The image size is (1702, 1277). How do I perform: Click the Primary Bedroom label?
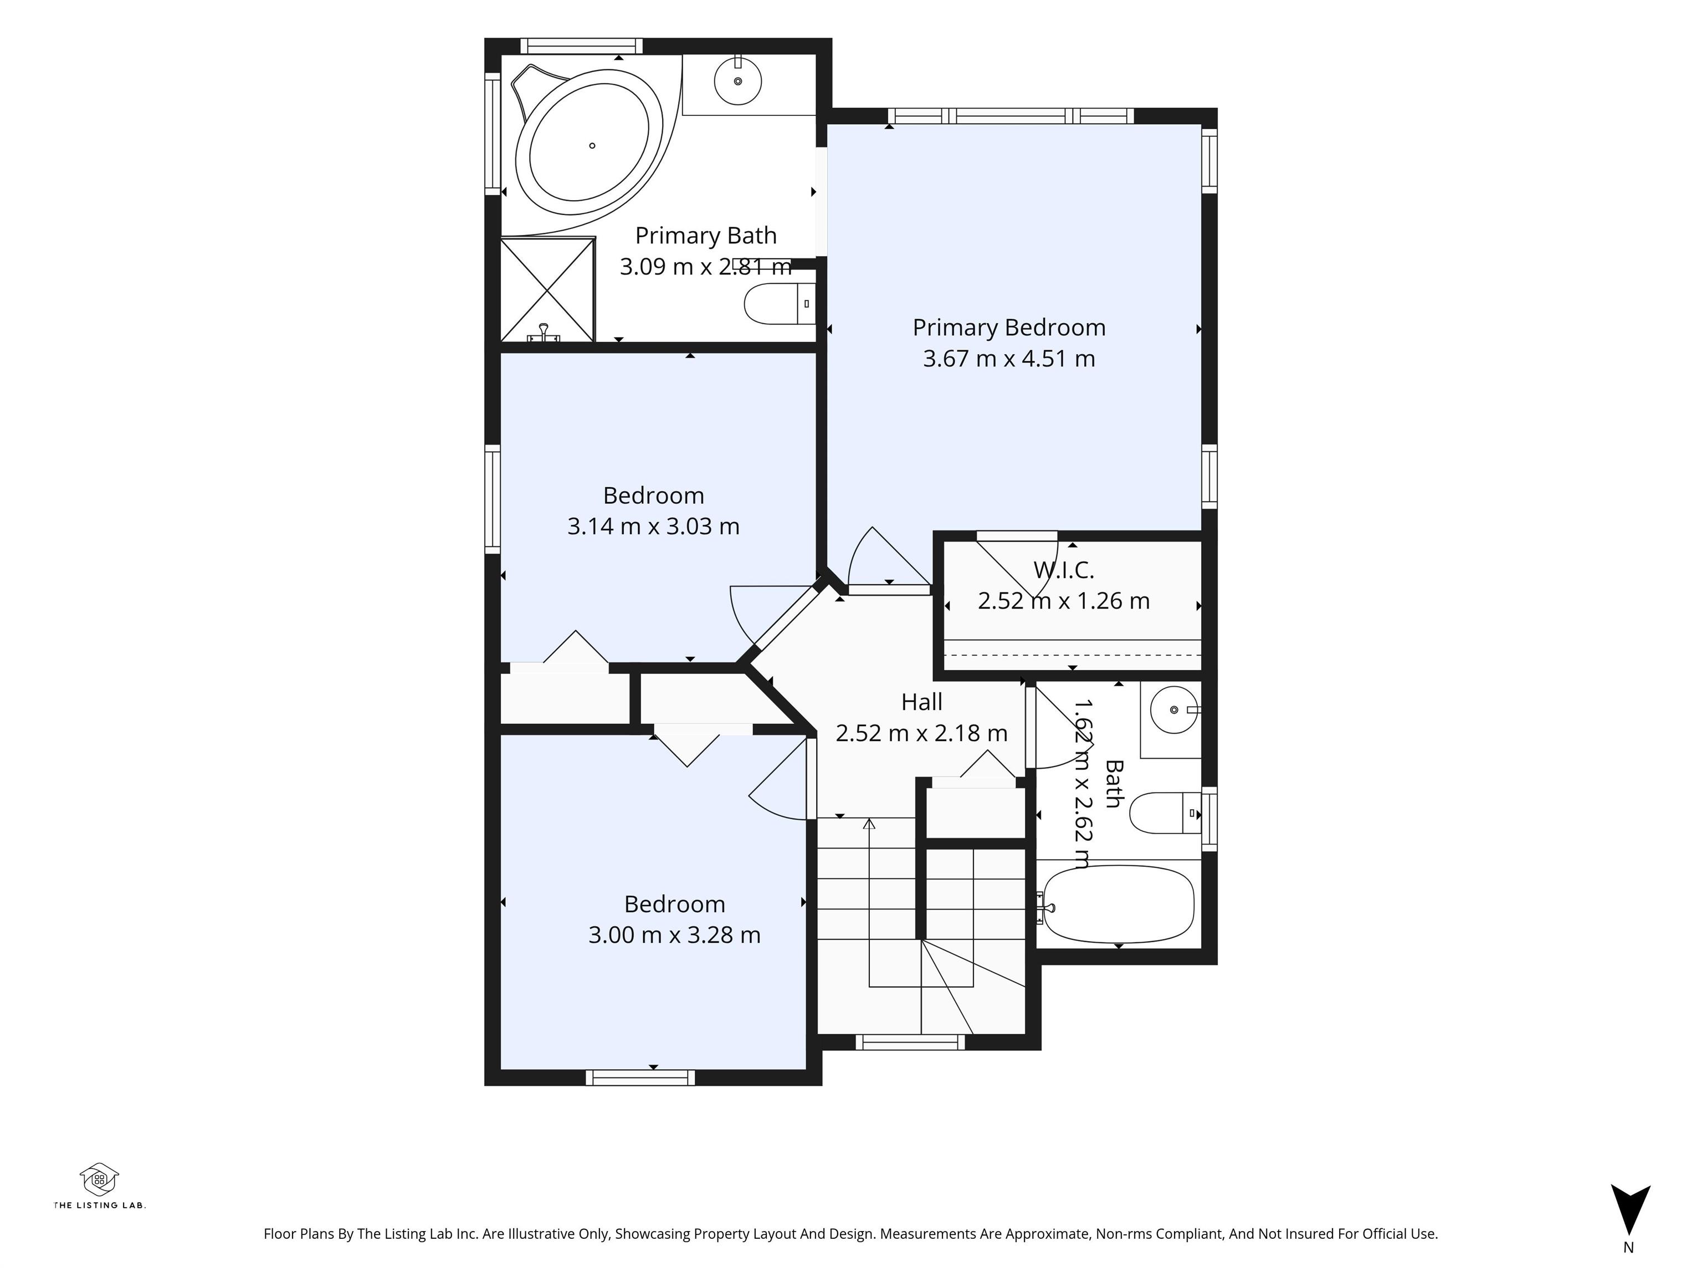point(1009,328)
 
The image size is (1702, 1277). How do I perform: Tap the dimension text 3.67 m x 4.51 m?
point(1009,359)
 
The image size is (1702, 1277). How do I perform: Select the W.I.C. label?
point(1063,570)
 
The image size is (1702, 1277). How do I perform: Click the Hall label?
point(922,702)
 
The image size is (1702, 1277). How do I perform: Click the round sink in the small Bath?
point(1174,709)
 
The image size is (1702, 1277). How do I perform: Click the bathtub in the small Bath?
point(1118,903)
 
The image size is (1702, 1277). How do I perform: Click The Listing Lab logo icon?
point(99,1179)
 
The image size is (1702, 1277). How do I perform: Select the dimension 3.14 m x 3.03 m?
point(653,527)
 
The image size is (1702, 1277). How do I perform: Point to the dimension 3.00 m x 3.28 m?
point(675,934)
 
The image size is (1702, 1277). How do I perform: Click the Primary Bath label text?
point(706,236)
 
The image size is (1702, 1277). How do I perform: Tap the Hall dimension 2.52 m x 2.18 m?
point(922,733)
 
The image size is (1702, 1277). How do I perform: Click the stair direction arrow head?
point(869,824)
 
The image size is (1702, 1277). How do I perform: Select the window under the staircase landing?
point(910,1042)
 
